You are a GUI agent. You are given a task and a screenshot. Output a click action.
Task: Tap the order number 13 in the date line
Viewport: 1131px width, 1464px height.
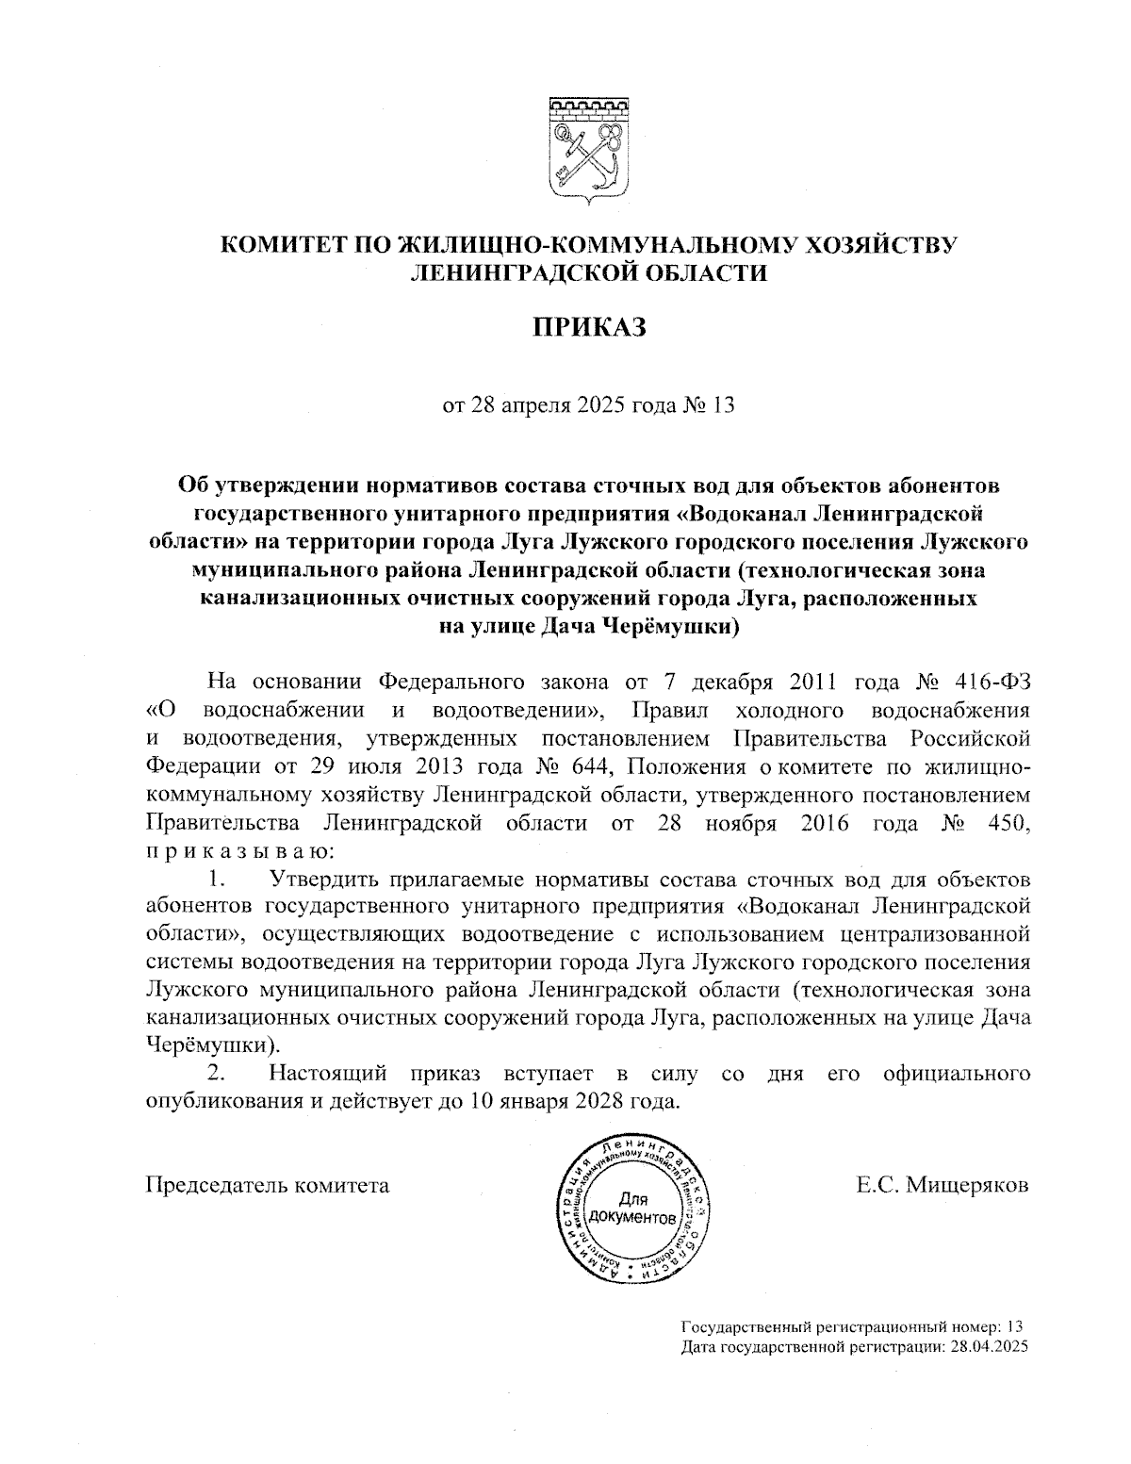[x=723, y=406]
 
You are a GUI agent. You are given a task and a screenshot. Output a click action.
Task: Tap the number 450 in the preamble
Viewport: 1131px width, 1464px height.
[x=1006, y=823]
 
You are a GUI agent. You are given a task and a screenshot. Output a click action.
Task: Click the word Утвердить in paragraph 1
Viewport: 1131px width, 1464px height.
[x=326, y=880]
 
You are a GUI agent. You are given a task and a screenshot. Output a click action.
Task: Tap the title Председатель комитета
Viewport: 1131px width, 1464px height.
[x=267, y=1185]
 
